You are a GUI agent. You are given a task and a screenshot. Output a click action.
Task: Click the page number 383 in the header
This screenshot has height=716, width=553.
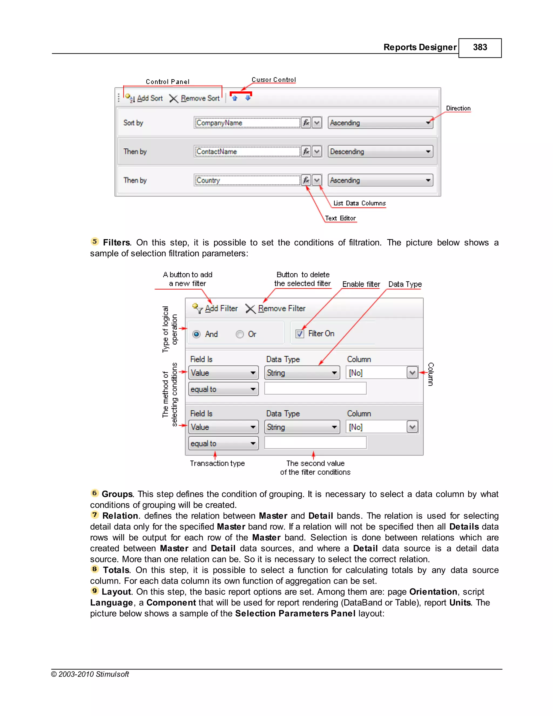pyautogui.click(x=480, y=48)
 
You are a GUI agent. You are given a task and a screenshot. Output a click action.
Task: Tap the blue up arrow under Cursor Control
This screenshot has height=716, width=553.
pyautogui.click(x=235, y=98)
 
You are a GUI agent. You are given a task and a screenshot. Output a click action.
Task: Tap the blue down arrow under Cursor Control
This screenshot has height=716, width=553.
pyautogui.click(x=248, y=98)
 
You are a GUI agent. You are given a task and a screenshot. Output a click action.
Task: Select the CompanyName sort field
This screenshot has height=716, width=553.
pyautogui.click(x=247, y=123)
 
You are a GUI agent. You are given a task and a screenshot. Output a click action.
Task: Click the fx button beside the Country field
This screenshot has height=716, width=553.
pyautogui.click(x=306, y=180)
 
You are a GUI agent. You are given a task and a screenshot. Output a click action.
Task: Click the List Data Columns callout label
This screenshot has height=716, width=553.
pyautogui.click(x=359, y=203)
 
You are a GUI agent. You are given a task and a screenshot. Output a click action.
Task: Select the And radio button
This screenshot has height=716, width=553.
pyautogui.click(x=197, y=334)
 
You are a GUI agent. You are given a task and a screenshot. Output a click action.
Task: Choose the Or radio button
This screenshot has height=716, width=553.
pyautogui.click(x=240, y=334)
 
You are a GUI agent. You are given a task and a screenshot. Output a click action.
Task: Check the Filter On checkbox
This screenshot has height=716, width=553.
pyautogui.click(x=300, y=334)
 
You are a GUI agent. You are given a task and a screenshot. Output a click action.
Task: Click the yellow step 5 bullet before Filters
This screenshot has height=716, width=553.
pyautogui.click(x=95, y=242)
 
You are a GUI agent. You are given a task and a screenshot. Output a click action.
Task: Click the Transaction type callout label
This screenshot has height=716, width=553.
pyautogui.click(x=217, y=463)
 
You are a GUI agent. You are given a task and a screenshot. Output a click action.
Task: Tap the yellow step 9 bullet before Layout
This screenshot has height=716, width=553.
pyautogui.click(x=95, y=591)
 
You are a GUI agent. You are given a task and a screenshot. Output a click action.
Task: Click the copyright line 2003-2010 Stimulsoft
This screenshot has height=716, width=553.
pyautogui.click(x=90, y=674)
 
